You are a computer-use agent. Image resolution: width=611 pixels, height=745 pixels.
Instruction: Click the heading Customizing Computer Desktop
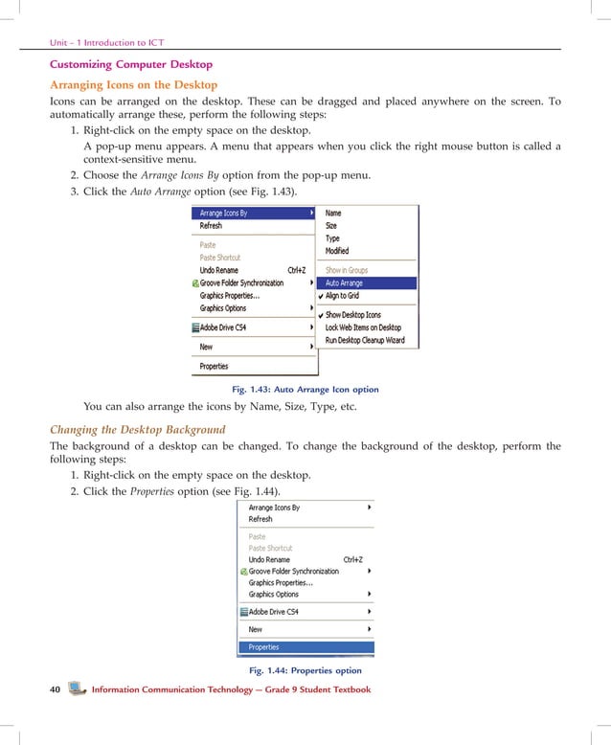coord(132,64)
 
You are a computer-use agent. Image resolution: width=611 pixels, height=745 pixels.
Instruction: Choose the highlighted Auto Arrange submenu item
coord(344,283)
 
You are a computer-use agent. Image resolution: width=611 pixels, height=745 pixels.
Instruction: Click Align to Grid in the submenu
coord(342,296)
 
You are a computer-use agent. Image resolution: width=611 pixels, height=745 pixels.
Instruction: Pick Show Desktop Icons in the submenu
coord(352,315)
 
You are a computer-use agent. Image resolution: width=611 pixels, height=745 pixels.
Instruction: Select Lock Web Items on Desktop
coord(363,327)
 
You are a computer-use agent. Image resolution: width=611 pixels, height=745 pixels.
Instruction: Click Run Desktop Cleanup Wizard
coord(365,340)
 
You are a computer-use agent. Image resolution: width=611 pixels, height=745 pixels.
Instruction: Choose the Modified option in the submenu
coord(337,251)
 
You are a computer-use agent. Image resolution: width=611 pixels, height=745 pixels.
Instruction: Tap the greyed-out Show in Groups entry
coord(347,270)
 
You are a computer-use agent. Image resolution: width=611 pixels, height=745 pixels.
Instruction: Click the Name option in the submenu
coord(333,214)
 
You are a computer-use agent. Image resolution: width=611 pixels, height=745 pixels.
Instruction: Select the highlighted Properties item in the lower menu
coord(263,647)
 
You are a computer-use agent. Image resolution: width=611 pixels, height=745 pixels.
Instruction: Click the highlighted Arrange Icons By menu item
coord(223,214)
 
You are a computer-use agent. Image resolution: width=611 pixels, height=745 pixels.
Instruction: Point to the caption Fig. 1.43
coord(305,390)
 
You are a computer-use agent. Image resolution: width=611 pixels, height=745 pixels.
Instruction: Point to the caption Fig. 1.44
coord(305,670)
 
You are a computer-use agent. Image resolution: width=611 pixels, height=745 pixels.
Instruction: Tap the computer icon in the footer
coord(77,689)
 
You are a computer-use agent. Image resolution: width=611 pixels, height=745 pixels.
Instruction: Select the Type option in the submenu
coord(332,238)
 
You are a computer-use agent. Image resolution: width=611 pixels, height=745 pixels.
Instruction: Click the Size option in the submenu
coord(331,226)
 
